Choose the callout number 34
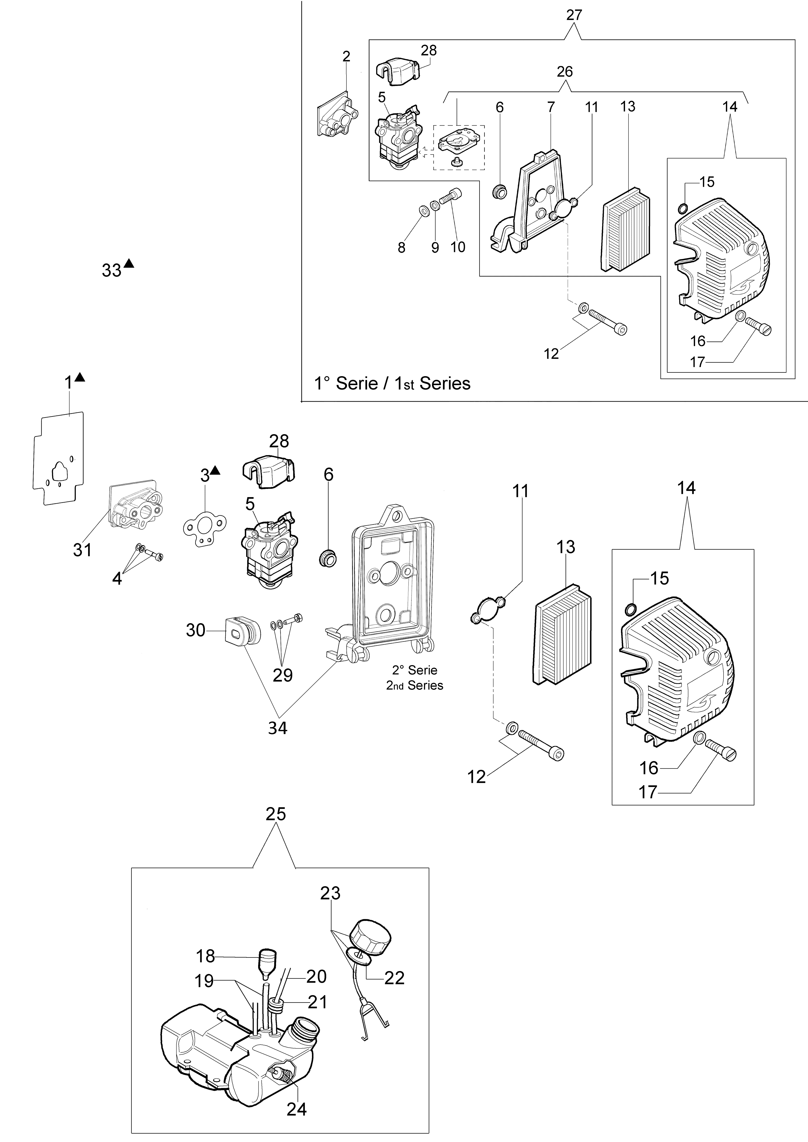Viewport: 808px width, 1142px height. tap(278, 728)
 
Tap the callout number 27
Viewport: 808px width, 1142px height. tap(574, 15)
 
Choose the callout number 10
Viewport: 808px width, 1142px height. tap(458, 247)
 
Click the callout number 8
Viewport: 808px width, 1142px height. tap(401, 247)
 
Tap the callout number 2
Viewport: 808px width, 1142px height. tap(346, 56)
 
